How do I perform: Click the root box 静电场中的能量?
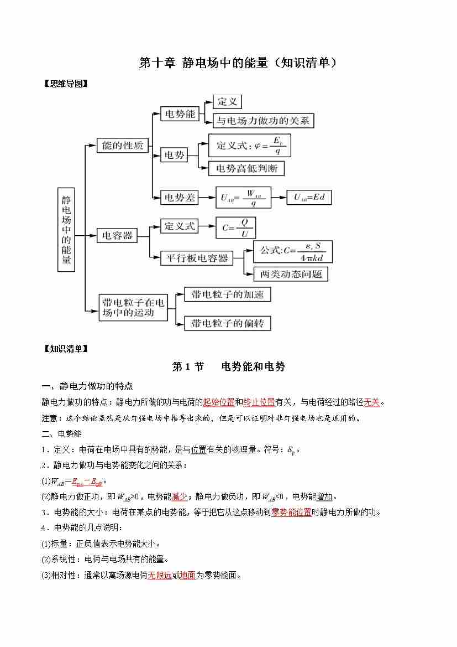pos(67,229)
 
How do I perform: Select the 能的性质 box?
pos(123,146)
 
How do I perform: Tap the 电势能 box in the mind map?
pos(180,114)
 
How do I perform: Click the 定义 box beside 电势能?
pos(227,102)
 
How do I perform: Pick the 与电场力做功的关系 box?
pos(263,120)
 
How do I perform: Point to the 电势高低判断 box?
pos(246,168)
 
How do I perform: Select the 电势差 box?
pos(180,197)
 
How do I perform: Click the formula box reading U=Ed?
pos(309,197)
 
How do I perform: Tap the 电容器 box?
pos(117,236)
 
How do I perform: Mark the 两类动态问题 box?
pos(291,274)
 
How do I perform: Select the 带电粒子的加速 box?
pos(228,294)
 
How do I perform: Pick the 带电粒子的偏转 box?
pos(228,323)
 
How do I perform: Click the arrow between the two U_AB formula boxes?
pos(279,197)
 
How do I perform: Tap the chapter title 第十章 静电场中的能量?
pos(238,63)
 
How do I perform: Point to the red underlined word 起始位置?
pos(219,402)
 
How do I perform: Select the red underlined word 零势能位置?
pos(291,512)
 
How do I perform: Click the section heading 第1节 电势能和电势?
pos(228,366)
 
